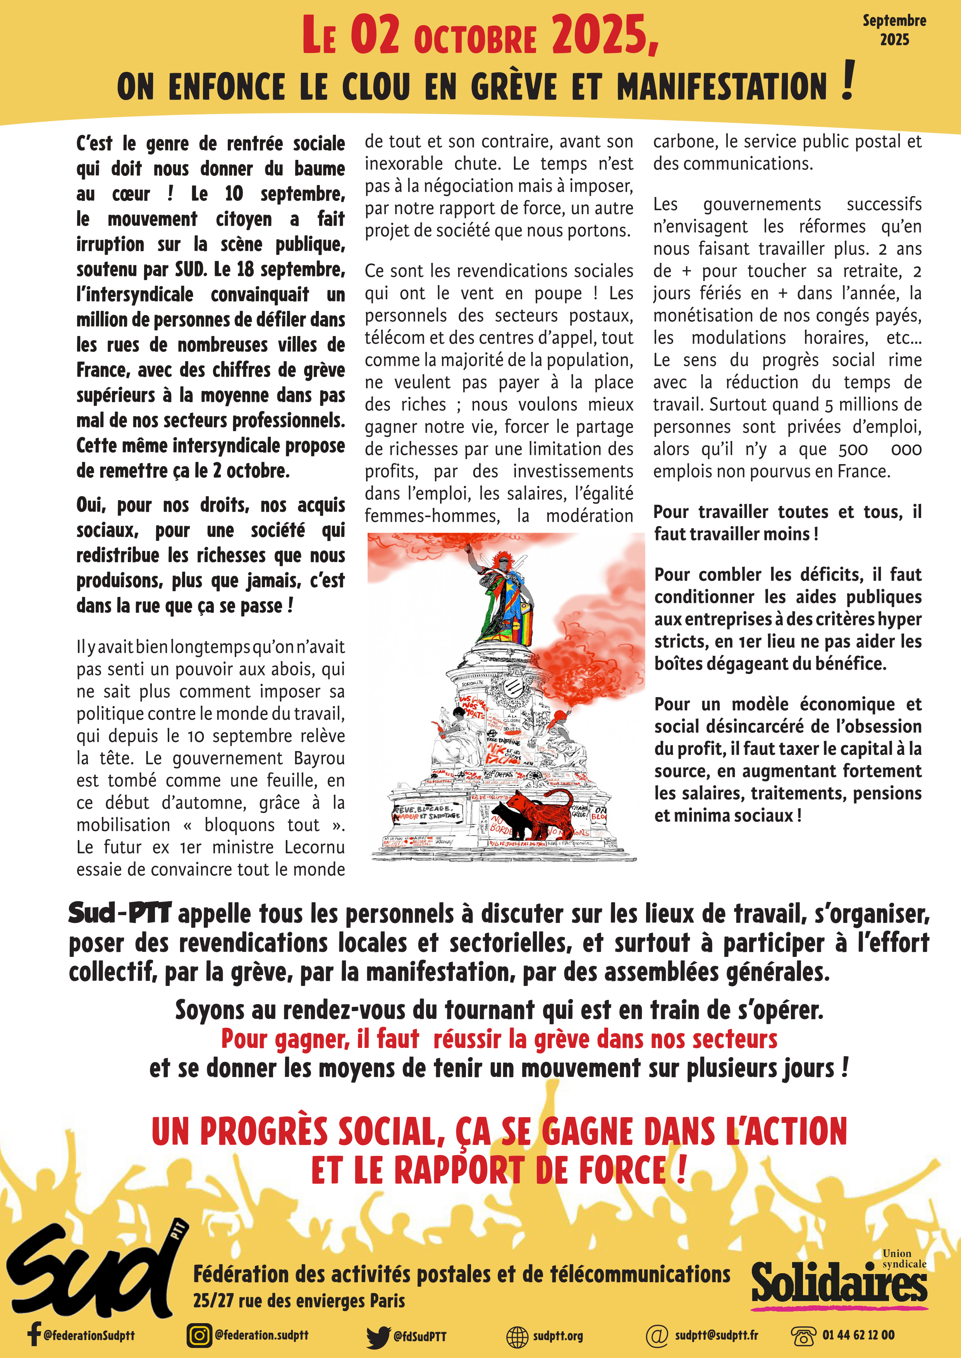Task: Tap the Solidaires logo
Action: [x=839, y=1282]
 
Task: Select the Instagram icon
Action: [x=199, y=1335]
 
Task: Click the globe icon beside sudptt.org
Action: [x=517, y=1336]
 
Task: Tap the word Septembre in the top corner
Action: [x=894, y=21]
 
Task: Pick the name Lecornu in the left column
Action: [x=314, y=847]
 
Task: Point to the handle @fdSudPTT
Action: [x=420, y=1336]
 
